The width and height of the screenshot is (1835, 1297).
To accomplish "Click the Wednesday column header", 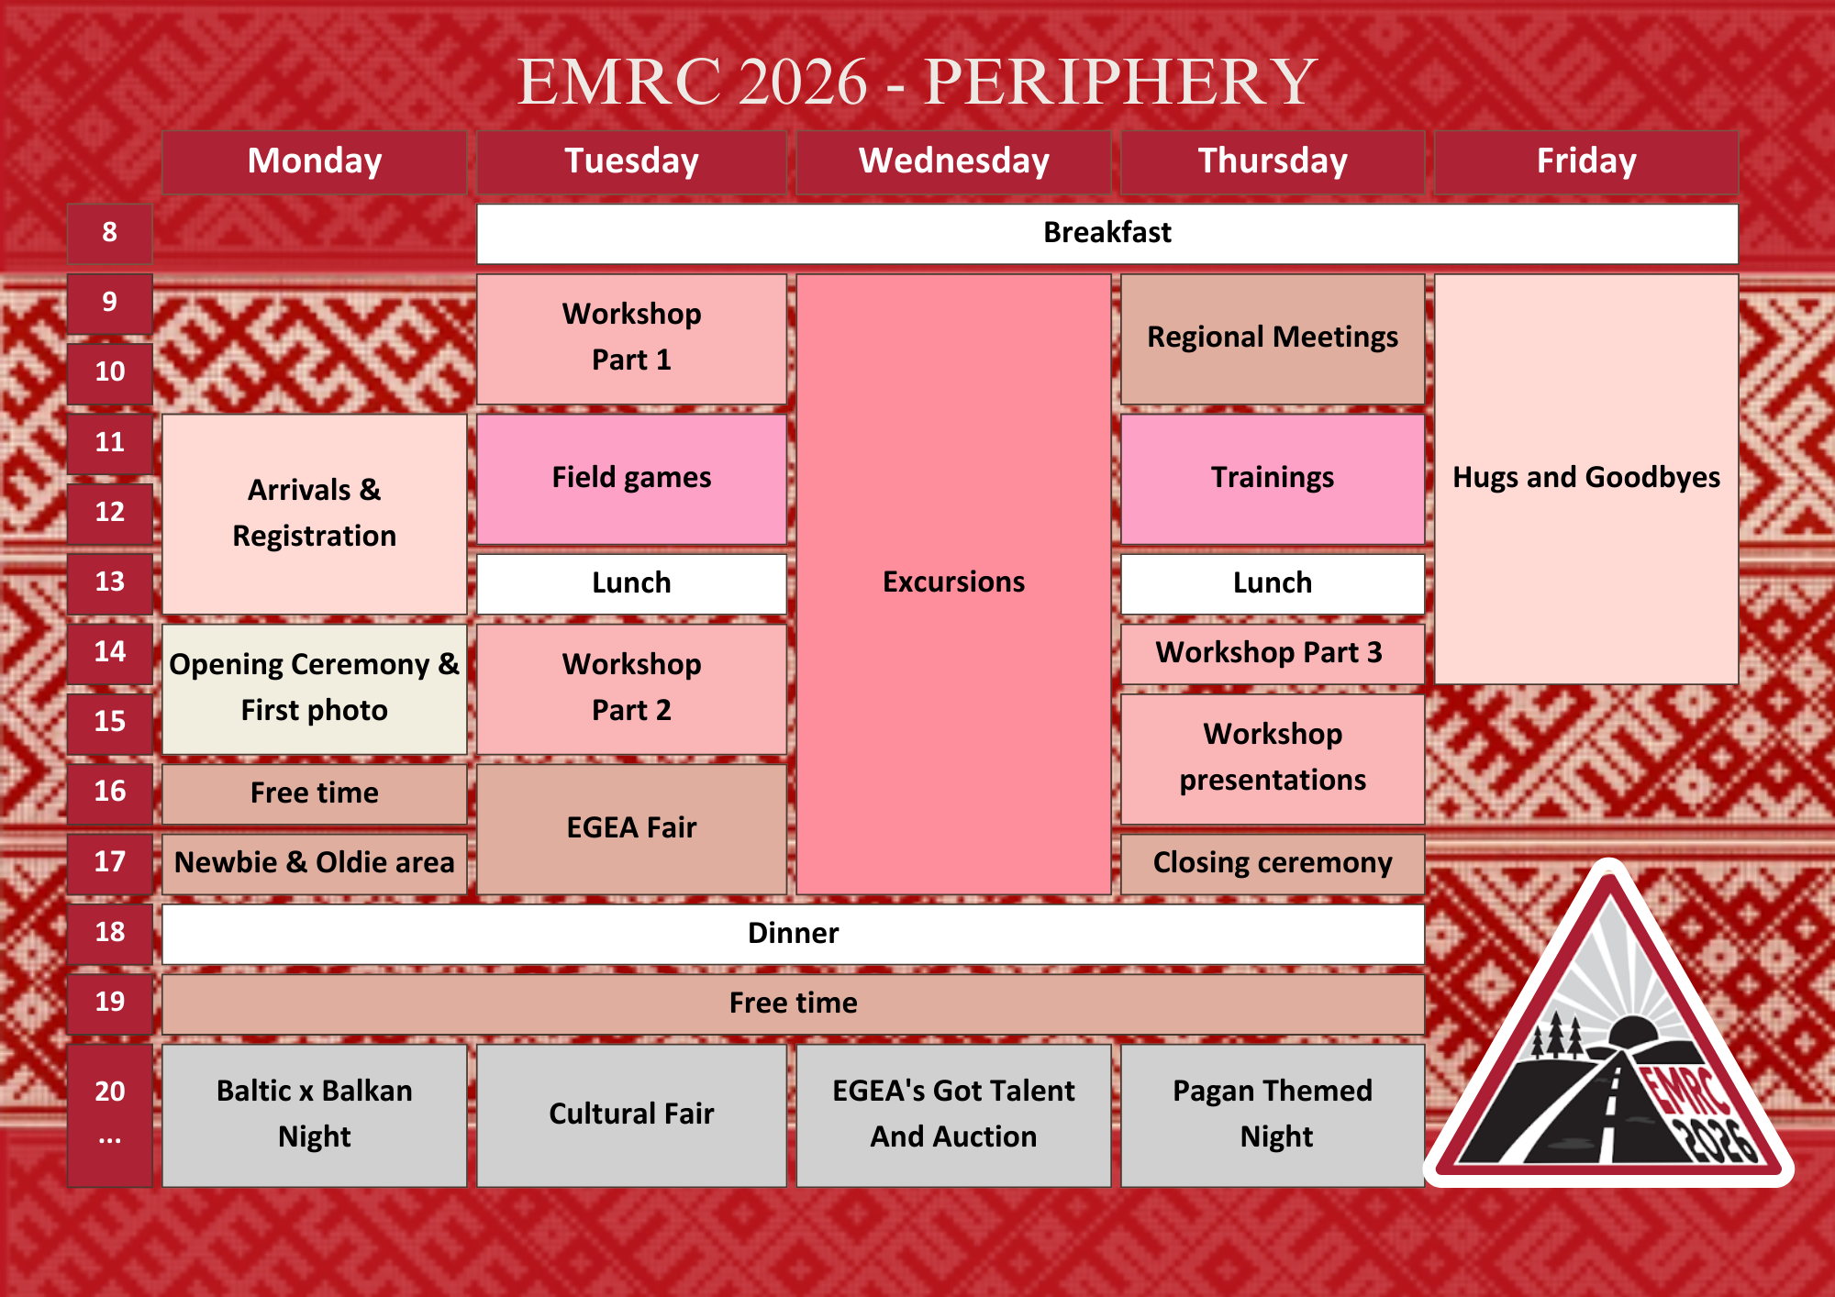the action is (953, 161).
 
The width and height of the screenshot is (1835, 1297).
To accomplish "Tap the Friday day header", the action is (1586, 161).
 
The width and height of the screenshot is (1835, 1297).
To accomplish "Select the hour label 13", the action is (110, 582).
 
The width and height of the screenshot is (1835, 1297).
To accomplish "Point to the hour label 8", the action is (110, 232).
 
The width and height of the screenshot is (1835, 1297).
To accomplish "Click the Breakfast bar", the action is (1107, 233).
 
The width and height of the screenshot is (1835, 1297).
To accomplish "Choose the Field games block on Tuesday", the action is (631, 479).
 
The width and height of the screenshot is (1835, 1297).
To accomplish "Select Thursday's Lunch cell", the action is (1273, 583).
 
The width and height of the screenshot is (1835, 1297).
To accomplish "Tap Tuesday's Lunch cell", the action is (631, 583).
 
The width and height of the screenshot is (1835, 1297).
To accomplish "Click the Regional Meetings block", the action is (1273, 338).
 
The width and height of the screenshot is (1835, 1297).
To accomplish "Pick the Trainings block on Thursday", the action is (1273, 479).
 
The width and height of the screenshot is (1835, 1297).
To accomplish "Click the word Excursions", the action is (953, 582).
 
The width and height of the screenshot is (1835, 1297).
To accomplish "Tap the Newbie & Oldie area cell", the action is (314, 863).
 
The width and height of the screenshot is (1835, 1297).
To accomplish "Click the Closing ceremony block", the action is (1273, 863).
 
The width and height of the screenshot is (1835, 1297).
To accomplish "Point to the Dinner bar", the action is (793, 934).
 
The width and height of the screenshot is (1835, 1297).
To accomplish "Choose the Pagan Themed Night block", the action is (1273, 1115).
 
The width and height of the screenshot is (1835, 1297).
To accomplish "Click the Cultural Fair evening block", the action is (631, 1115).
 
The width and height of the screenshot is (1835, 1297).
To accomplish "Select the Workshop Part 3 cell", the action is (1273, 654).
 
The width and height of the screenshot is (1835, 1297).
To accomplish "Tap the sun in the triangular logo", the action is (1632, 1031).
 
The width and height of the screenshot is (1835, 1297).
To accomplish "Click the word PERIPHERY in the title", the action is (1120, 82).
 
